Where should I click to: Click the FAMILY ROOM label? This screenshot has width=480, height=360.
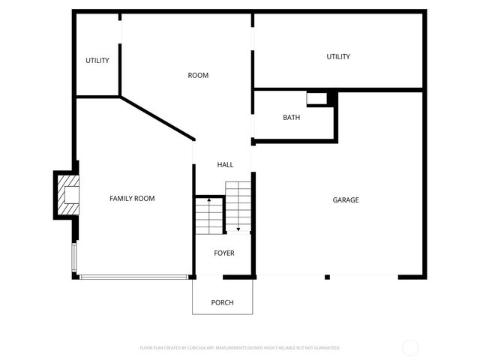point(132,198)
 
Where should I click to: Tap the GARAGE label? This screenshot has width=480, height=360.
point(346,200)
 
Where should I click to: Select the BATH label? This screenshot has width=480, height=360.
point(292,118)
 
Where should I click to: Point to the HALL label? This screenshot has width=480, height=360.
point(225,164)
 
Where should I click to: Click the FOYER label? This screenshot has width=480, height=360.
point(224,253)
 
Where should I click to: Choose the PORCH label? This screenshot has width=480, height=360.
point(222,303)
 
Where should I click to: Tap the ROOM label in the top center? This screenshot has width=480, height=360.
point(198,75)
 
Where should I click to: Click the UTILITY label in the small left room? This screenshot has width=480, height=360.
point(97,61)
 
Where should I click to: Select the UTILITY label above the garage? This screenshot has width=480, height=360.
point(338,57)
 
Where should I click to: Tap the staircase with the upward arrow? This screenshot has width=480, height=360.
point(210,217)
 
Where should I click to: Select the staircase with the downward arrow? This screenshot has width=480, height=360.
point(238,206)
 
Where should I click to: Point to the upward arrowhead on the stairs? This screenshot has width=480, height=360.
point(208,201)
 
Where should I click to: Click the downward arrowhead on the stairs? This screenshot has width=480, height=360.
point(238,228)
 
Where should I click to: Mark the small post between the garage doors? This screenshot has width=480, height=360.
point(327,277)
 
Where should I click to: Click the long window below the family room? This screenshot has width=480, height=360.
point(133,277)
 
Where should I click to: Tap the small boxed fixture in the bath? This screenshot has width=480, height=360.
point(316,97)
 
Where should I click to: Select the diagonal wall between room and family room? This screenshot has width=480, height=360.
point(157,117)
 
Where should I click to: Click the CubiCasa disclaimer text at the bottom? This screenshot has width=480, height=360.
point(240,348)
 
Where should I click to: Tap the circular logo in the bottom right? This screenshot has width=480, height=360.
point(410,348)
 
